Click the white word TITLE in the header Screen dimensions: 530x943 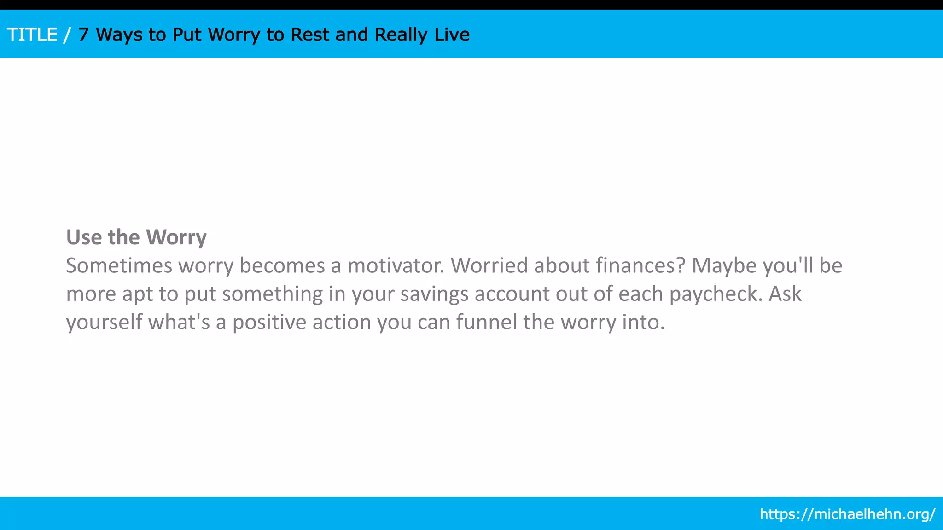click(32, 35)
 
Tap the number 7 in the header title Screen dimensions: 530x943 click(83, 35)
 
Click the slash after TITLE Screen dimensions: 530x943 click(68, 35)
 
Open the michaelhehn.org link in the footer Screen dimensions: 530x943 click(847, 514)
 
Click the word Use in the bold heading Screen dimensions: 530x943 click(84, 237)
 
